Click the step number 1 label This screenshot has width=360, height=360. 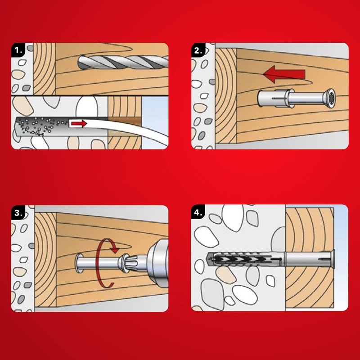18,50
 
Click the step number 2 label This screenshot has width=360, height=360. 198,50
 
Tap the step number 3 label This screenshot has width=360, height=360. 18,212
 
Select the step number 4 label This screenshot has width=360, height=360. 198,212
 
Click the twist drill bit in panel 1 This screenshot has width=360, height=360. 123,62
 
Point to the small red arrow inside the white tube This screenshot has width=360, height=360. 79,123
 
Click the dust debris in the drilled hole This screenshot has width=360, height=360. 41,126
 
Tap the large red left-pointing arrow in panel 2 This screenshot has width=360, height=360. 284,74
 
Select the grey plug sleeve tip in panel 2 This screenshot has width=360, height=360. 272,99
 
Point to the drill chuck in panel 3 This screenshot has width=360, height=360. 157,262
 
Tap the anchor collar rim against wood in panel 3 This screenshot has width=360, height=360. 79,263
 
